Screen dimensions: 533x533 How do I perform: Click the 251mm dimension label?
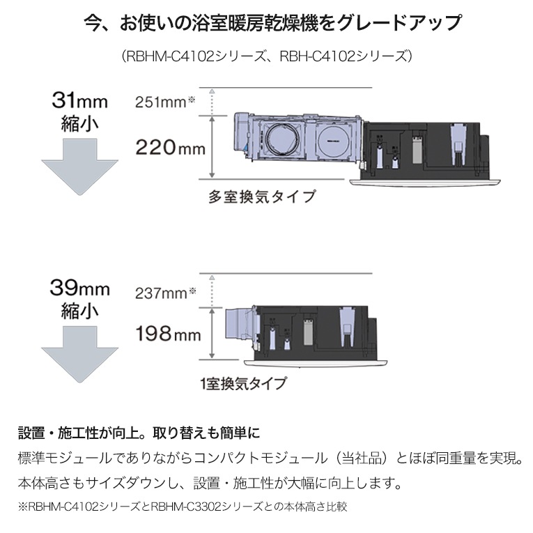(165, 102)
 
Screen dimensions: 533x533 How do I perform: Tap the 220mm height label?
(170, 148)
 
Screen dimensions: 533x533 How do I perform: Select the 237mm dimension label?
(166, 293)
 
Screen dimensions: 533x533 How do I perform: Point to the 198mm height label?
(169, 333)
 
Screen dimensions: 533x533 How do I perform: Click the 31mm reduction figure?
(80, 100)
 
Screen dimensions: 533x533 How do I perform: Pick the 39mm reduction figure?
(80, 288)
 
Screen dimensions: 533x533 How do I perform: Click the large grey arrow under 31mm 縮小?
(80, 167)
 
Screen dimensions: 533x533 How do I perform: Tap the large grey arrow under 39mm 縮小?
(80, 355)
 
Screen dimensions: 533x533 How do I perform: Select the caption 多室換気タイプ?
(262, 196)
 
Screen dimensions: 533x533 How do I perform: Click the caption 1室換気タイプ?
(243, 384)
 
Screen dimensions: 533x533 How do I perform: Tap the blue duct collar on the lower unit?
(239, 325)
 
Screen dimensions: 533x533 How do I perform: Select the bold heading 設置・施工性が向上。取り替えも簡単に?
(139, 433)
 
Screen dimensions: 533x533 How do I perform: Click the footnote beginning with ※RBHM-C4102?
(183, 507)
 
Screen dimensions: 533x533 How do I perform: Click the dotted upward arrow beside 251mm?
(212, 102)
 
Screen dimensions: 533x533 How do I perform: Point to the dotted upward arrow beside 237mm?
(212, 291)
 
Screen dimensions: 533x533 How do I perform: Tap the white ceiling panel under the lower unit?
(316, 364)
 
